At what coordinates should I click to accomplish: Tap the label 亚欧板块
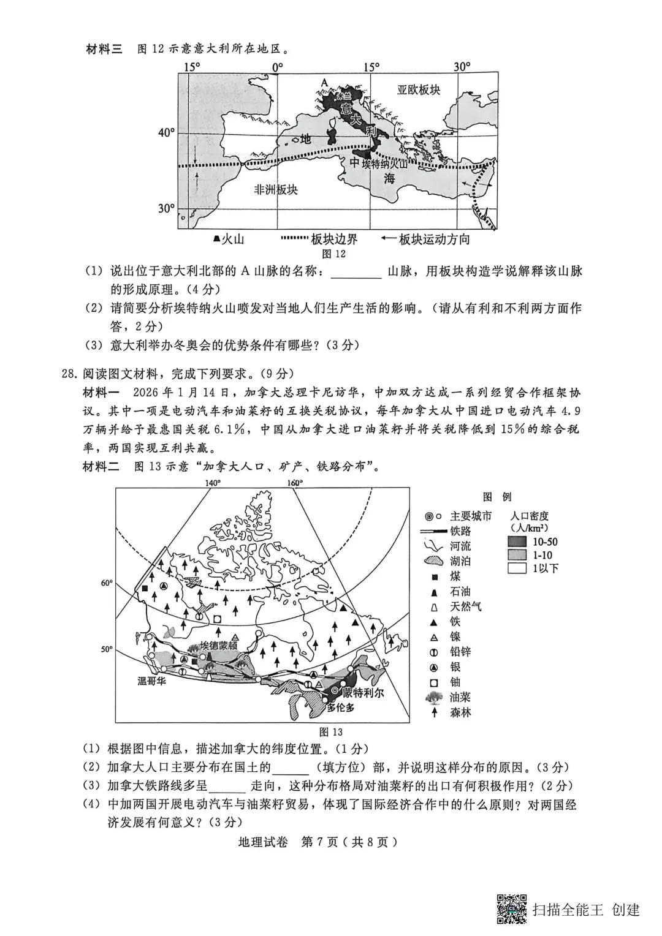419,90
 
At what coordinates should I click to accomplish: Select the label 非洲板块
276,189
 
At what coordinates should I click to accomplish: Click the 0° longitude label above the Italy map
277,66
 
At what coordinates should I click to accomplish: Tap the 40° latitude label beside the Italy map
167,132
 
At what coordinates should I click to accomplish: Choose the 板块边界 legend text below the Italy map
334,239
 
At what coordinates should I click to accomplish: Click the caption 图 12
333,254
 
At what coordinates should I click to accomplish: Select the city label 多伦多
341,708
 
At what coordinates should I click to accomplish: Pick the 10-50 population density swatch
517,542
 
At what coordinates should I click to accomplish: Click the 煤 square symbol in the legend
435,576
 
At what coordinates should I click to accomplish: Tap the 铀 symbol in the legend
435,682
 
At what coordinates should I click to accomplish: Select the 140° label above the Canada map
213,483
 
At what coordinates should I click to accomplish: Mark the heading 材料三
104,49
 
